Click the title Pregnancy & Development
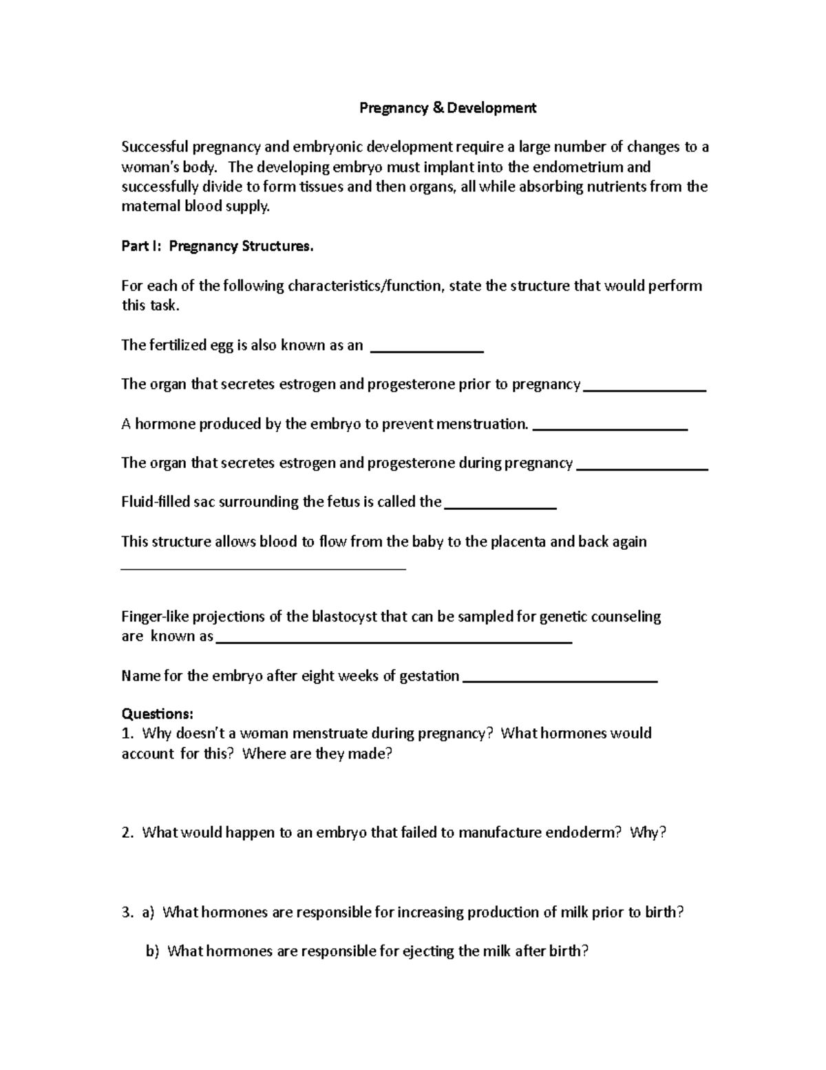pyautogui.click(x=447, y=108)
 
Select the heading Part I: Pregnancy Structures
pyautogui.click(x=217, y=247)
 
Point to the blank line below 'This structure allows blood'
pyautogui.click(x=264, y=567)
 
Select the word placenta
pyautogui.click(x=518, y=542)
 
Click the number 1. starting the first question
pyautogui.click(x=127, y=734)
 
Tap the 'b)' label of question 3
pyautogui.click(x=152, y=951)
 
